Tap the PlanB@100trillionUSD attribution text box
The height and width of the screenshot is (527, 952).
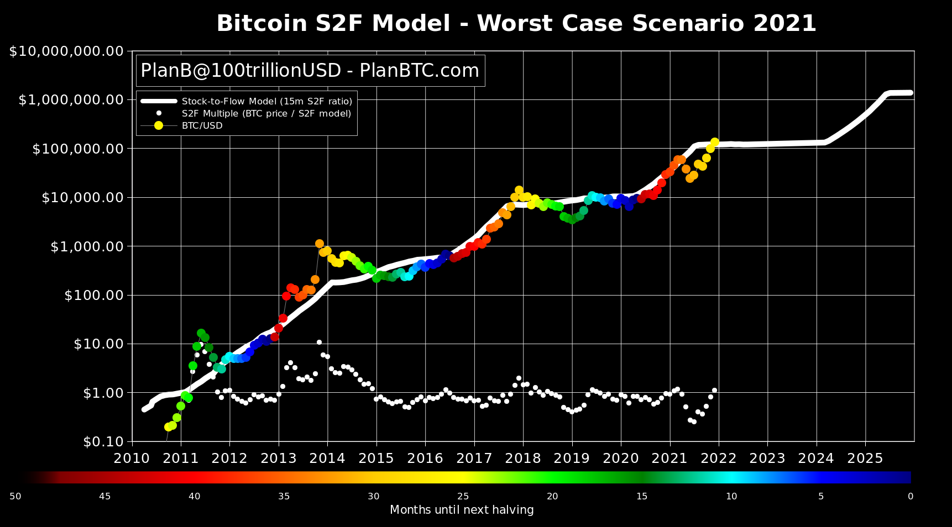(310, 71)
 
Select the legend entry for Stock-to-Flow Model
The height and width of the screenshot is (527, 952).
(266, 102)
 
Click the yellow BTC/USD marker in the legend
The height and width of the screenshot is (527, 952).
(159, 125)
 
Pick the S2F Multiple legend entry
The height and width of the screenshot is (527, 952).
(266, 113)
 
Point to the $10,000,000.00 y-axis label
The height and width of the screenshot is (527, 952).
(66, 51)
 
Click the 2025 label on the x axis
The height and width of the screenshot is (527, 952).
(865, 459)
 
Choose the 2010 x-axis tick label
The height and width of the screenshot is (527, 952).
(132, 459)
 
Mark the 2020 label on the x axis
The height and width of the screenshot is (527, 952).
(620, 459)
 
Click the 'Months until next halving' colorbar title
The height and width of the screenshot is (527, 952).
(462, 510)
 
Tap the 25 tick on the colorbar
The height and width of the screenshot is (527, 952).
(463, 496)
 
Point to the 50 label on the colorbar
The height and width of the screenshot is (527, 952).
(15, 496)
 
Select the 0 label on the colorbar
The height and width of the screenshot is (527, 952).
(910, 496)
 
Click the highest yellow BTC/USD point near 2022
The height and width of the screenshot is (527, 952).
(714, 142)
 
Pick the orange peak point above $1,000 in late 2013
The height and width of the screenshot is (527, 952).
(319, 244)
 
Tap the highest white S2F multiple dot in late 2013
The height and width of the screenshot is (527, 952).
(319, 342)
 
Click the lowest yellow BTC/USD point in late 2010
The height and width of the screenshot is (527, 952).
(168, 427)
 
